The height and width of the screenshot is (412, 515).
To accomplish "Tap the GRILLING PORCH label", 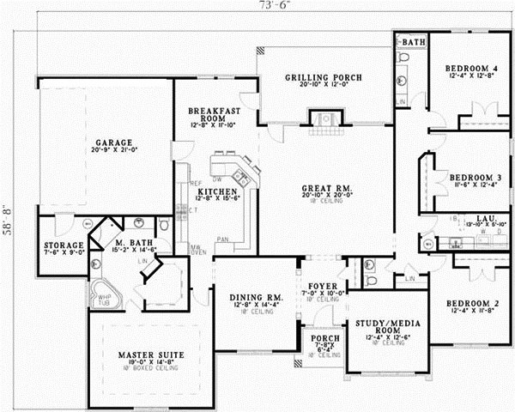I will (323, 77).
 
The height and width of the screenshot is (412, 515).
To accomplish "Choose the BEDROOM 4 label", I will (471, 68).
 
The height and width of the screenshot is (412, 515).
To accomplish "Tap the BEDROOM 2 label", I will (471, 305).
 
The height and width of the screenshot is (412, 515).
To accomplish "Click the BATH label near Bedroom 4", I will (414, 41).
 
